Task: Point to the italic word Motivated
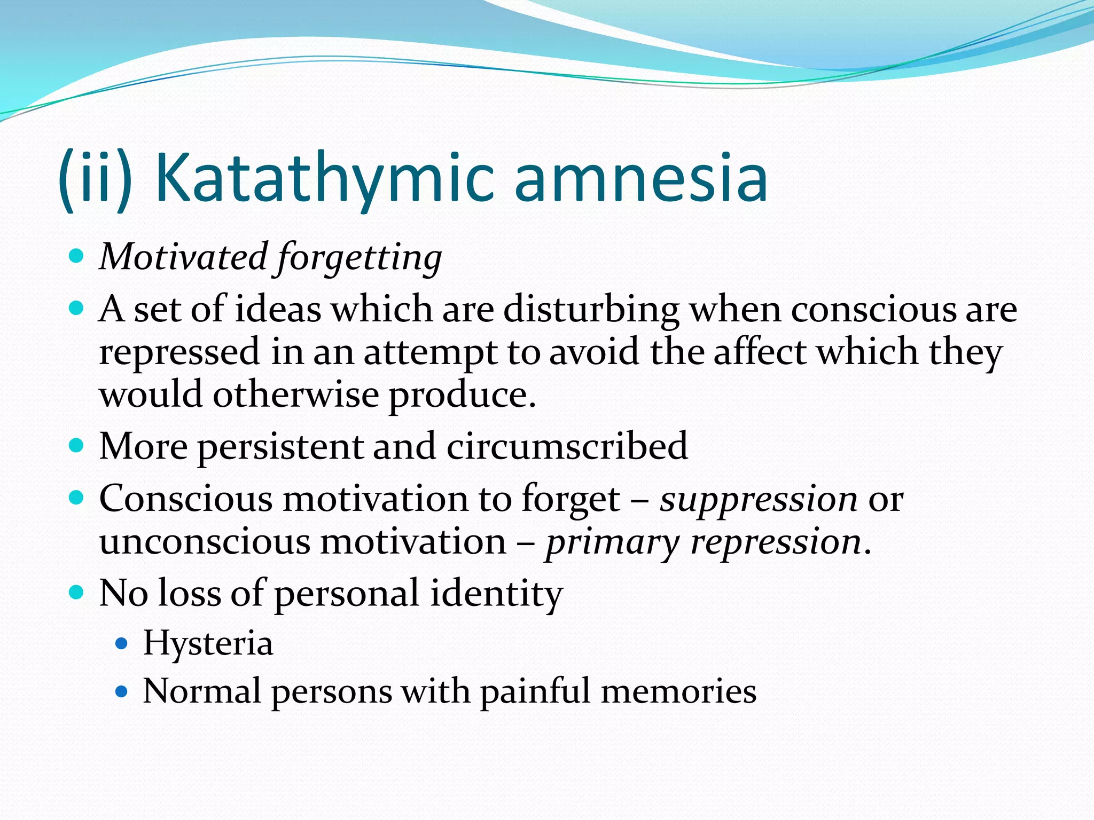click(183, 257)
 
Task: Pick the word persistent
click(281, 447)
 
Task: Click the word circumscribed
click(567, 446)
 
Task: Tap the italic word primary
click(612, 543)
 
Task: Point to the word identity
click(496, 594)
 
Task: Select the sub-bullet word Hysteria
click(208, 643)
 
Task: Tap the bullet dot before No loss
click(77, 593)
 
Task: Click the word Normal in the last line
click(202, 691)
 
